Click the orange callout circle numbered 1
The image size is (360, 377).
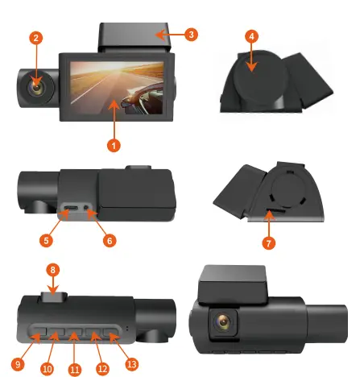click(115, 146)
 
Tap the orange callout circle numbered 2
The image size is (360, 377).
click(36, 38)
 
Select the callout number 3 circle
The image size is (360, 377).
click(191, 35)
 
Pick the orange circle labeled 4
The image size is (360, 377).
click(252, 37)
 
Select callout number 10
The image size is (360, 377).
click(47, 368)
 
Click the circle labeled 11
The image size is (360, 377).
click(75, 370)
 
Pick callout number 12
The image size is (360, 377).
click(101, 368)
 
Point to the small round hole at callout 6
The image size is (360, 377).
click(89, 213)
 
